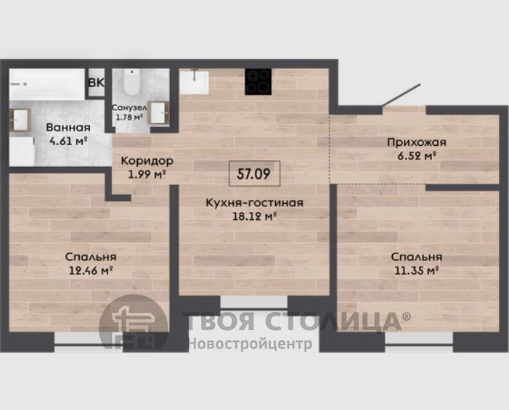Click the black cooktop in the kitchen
click(258, 82)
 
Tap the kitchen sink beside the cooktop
click(194, 83)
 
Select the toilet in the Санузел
click(132, 82)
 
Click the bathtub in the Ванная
click(47, 84)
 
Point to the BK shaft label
click(97, 83)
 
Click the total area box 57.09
click(254, 173)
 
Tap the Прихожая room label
click(417, 142)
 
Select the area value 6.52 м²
click(417, 156)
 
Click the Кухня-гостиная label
click(254, 202)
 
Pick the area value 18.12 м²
click(254, 216)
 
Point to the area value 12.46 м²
click(91, 270)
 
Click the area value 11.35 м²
click(417, 270)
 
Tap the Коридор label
click(147, 160)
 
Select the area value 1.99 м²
click(147, 174)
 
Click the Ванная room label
click(68, 128)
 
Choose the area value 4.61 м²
click(68, 141)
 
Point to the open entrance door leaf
click(402, 95)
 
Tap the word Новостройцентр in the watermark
click(250, 343)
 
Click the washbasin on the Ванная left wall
click(20, 120)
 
